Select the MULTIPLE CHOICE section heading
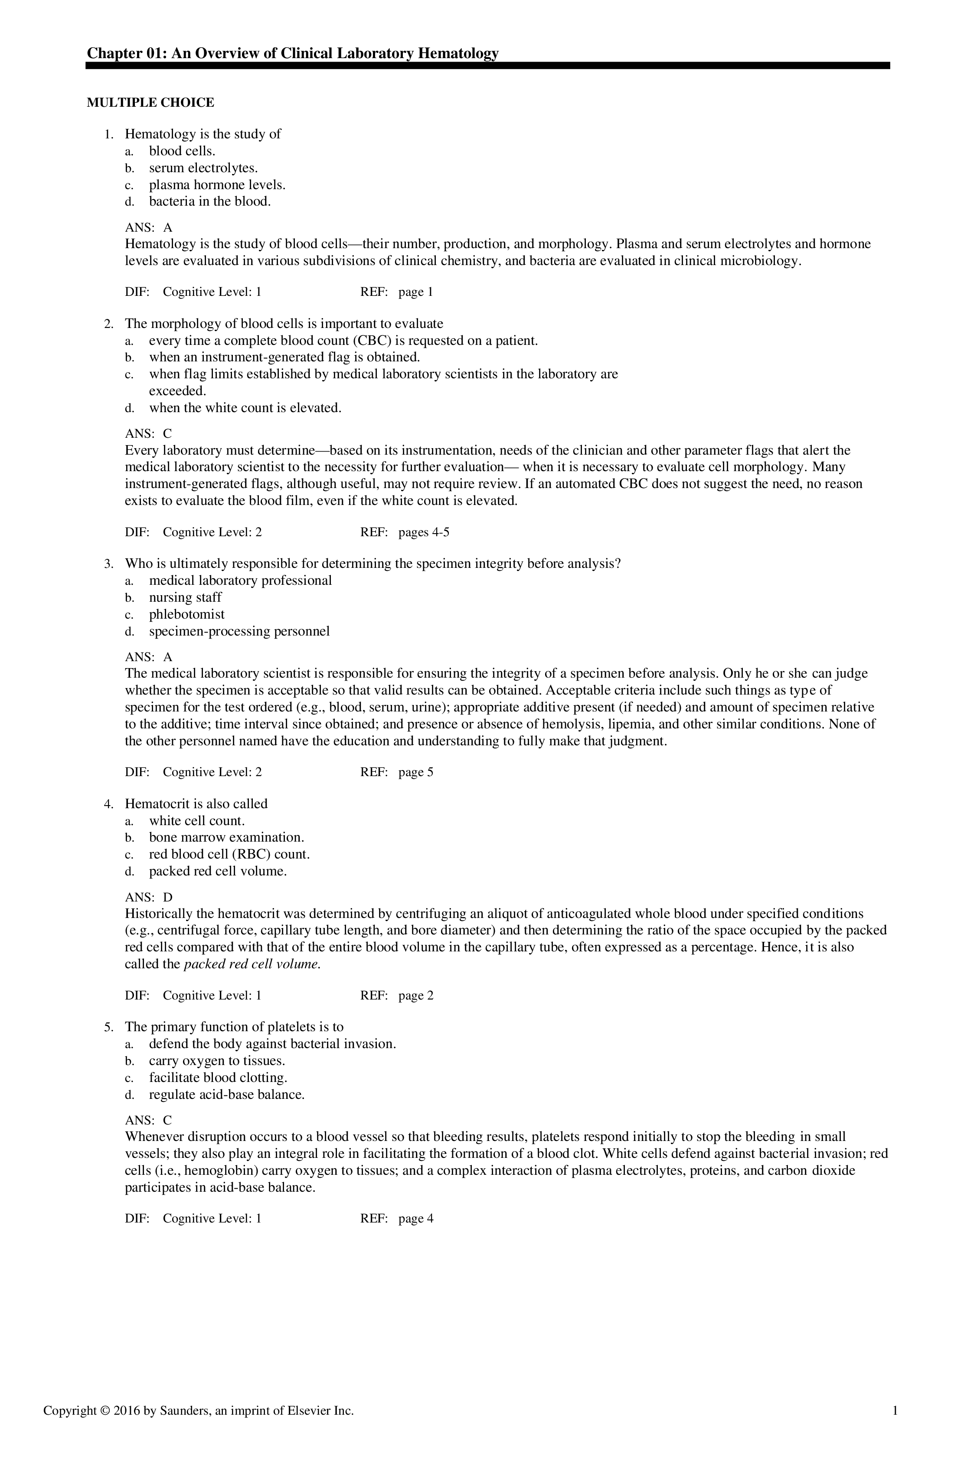click(150, 103)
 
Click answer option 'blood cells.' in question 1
click(182, 151)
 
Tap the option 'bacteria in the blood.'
click(210, 201)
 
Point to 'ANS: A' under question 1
click(149, 227)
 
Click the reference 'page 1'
click(416, 292)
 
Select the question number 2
click(108, 324)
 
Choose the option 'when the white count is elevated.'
click(245, 408)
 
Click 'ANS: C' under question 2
click(149, 434)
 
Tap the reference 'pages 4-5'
click(424, 532)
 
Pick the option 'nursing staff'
click(185, 597)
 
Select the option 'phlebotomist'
click(186, 614)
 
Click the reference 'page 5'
click(416, 772)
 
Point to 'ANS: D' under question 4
click(149, 897)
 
